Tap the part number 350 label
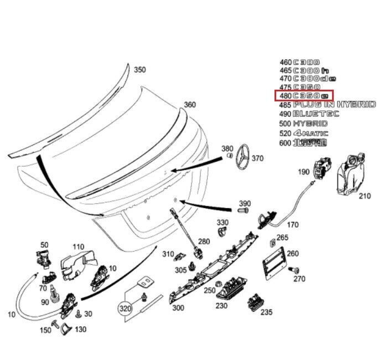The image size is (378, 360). click(x=140, y=70)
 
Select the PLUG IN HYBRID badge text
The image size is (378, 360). click(x=335, y=105)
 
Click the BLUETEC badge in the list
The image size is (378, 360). click(x=317, y=114)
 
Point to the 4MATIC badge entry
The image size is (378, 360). click(x=310, y=133)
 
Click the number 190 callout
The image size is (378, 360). click(x=304, y=172)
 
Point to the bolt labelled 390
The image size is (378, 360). click(x=244, y=211)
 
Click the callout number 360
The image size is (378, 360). click(x=189, y=105)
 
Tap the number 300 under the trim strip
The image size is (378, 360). click(x=178, y=308)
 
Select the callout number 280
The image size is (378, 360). click(x=204, y=241)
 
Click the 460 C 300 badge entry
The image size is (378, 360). click(x=299, y=62)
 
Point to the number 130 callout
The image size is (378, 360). click(x=80, y=329)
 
